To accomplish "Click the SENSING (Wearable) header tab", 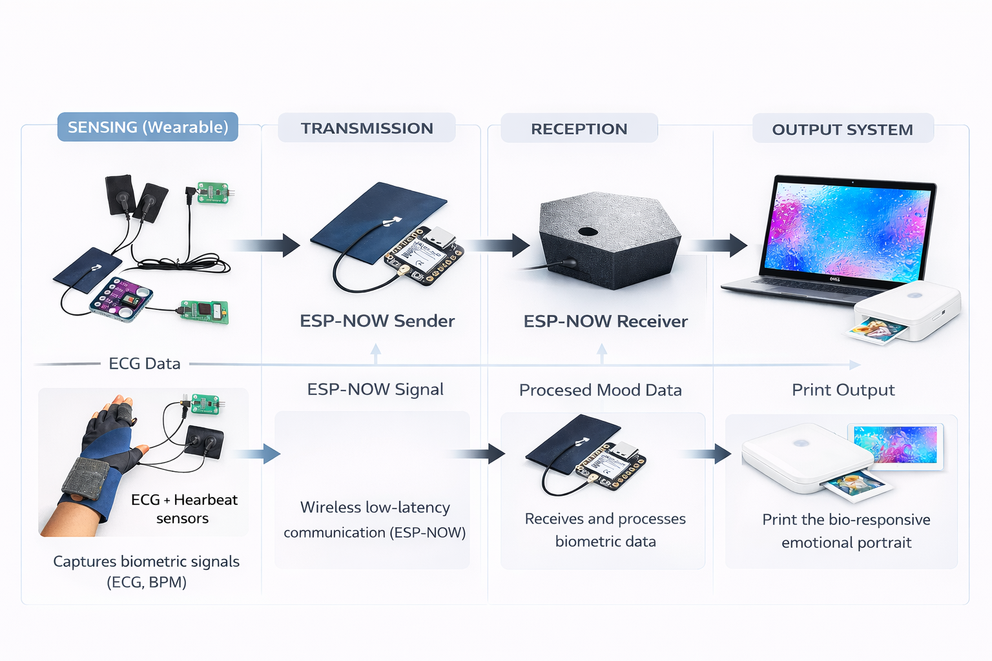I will coord(148,127).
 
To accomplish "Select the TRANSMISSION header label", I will coord(367,128).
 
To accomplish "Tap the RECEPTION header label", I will coord(579,129).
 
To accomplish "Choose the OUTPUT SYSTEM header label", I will coord(842,130).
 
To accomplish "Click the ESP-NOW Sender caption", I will coord(377,321).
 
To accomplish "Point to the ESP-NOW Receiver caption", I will coord(605,321).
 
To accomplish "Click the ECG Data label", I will coord(144,364).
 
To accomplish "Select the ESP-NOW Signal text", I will coord(375,389).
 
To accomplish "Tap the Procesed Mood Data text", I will coord(600,390).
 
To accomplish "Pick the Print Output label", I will coord(843,390).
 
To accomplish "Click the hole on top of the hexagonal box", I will coord(588,231).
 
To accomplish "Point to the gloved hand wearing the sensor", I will coord(103,458).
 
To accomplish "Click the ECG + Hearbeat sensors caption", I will coord(183,509).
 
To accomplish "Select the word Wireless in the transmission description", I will coord(329,507).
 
